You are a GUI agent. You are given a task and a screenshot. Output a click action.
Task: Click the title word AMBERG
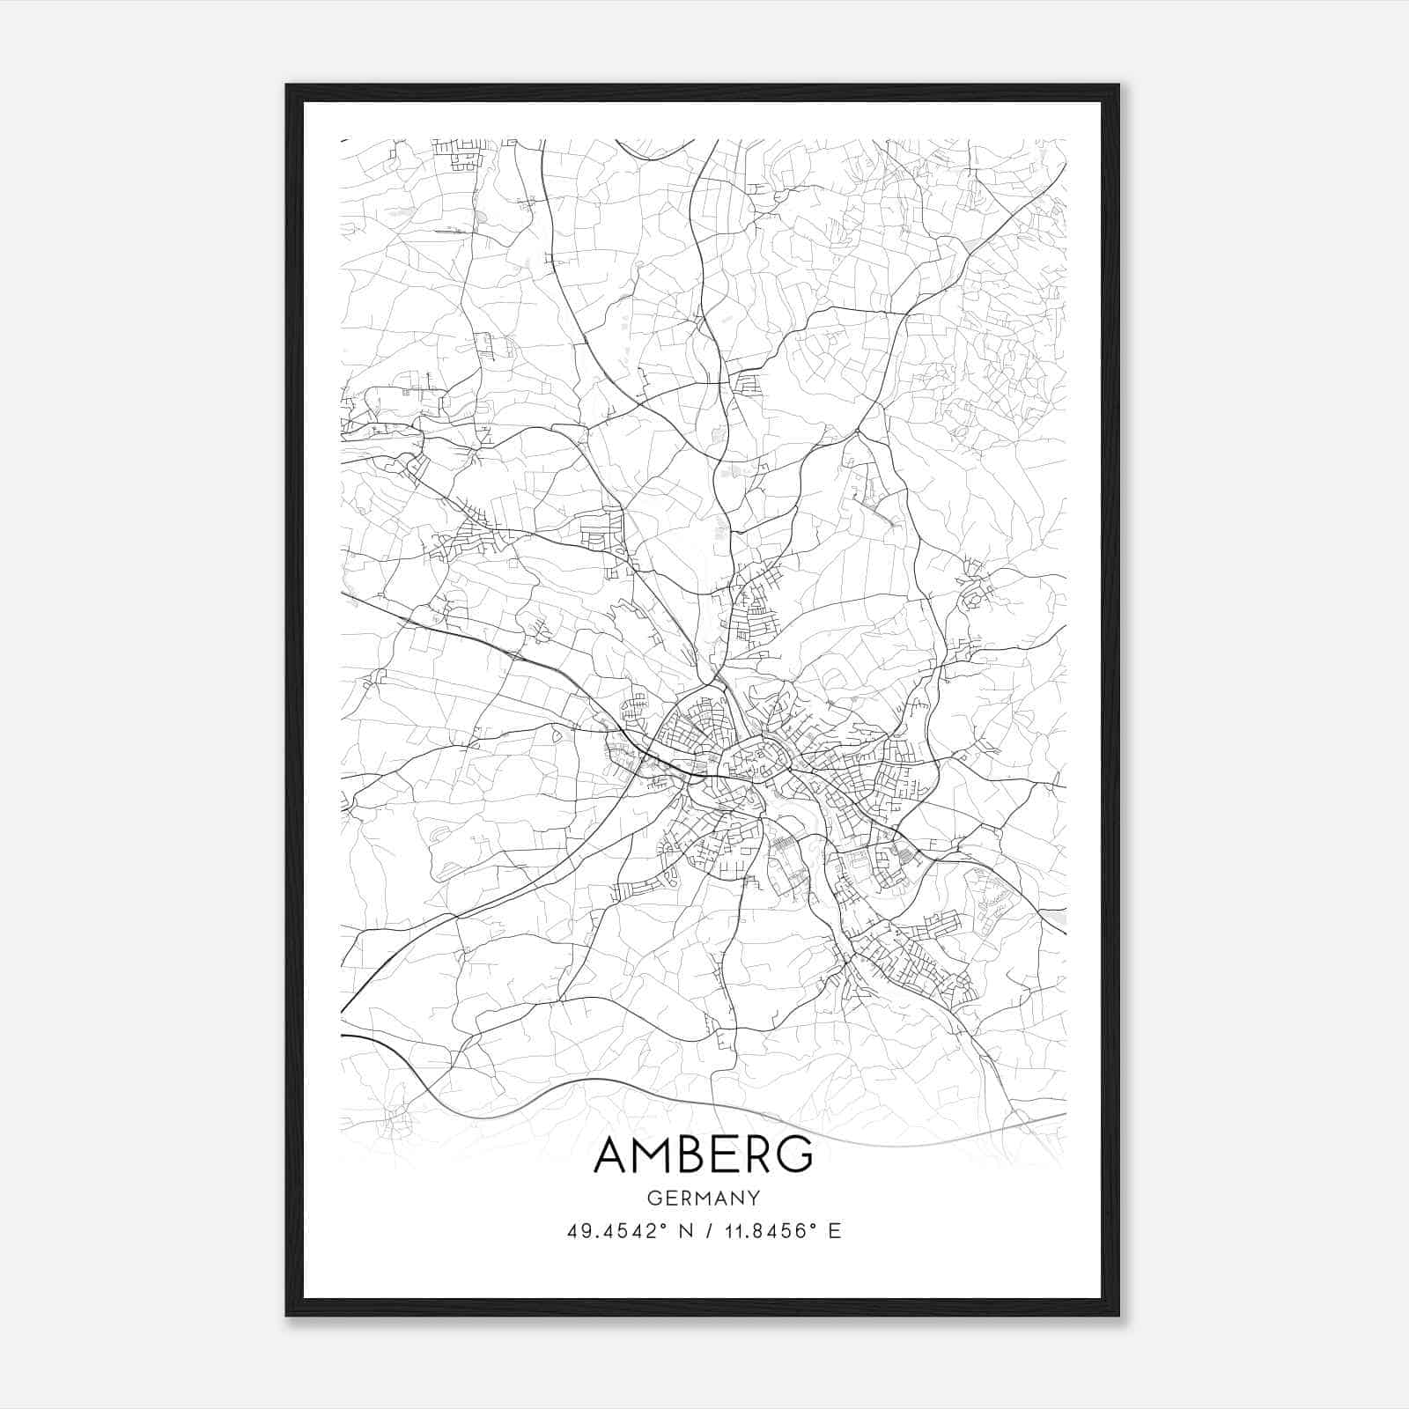pyautogui.click(x=704, y=1155)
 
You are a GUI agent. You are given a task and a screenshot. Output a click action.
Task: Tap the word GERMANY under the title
pyautogui.click(x=704, y=1199)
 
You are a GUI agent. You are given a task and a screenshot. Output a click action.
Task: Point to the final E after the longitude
pyautogui.click(x=835, y=1231)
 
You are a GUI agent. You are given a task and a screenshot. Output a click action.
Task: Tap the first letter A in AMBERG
pyautogui.click(x=612, y=1155)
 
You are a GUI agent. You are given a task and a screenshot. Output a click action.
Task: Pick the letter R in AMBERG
pyautogui.click(x=756, y=1155)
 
